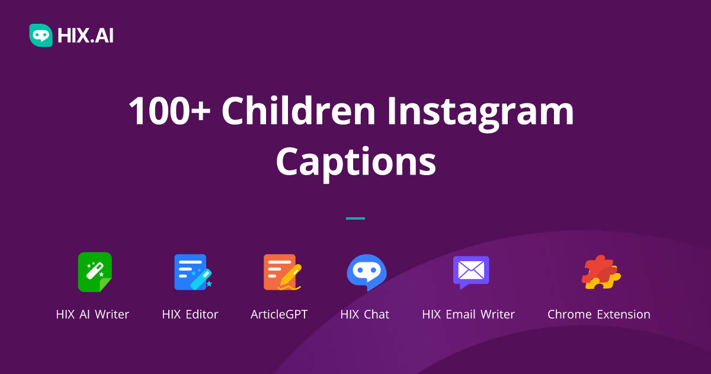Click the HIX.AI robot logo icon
point(40,35)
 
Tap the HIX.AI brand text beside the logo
point(85,36)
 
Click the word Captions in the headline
point(355,161)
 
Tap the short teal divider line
point(355,218)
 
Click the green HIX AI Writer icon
point(95,272)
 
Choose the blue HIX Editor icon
point(191,272)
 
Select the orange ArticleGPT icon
point(280,272)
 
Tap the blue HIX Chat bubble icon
point(366,272)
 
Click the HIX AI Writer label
point(92,315)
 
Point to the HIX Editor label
point(190,315)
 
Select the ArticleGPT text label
point(279,315)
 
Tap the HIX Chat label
point(365,315)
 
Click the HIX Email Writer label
point(468,315)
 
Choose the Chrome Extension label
point(598,315)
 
